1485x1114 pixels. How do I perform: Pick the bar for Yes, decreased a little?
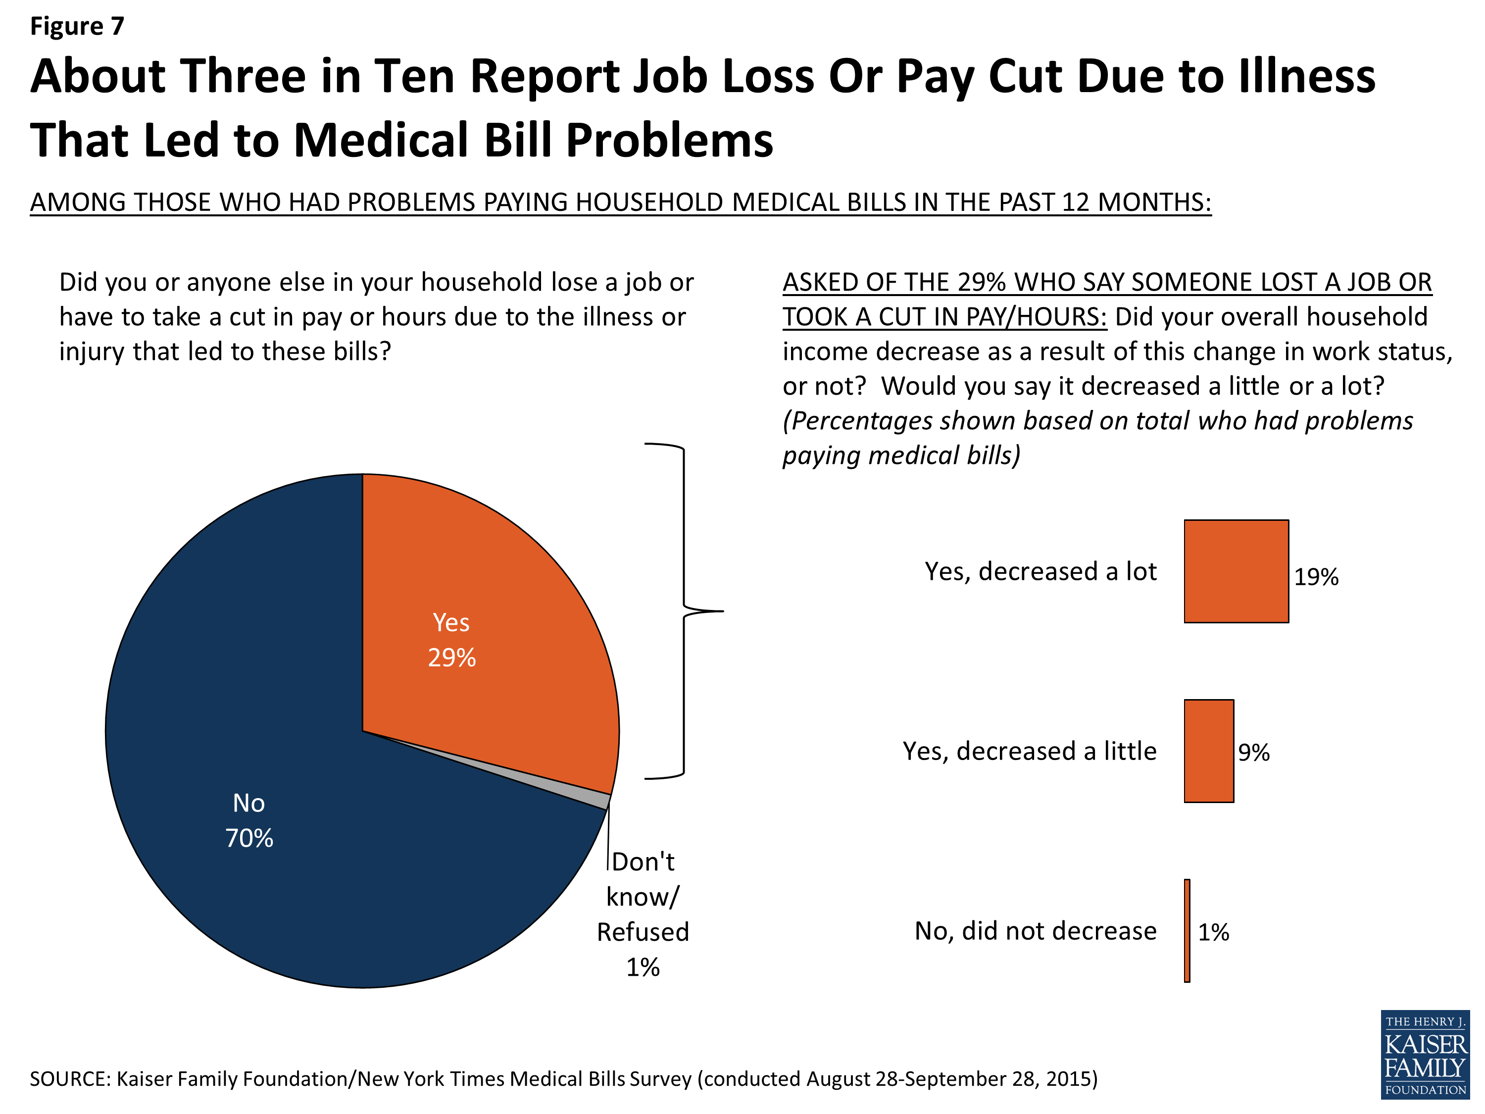tap(1208, 751)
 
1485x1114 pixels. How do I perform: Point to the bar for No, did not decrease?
tap(1187, 931)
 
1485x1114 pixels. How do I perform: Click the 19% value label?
tap(1316, 577)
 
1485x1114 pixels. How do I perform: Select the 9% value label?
tap(1253, 752)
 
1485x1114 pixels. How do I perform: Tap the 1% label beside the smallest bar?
tap(1213, 932)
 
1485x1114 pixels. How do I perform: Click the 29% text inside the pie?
tap(452, 658)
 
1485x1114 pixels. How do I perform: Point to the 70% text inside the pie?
tap(249, 838)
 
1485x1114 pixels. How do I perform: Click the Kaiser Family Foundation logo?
tap(1425, 1054)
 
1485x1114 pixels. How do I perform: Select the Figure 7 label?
tap(77, 26)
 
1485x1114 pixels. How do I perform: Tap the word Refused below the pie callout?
tap(643, 932)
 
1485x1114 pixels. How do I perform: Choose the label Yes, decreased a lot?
tap(1040, 571)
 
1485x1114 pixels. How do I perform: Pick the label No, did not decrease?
tap(1035, 931)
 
